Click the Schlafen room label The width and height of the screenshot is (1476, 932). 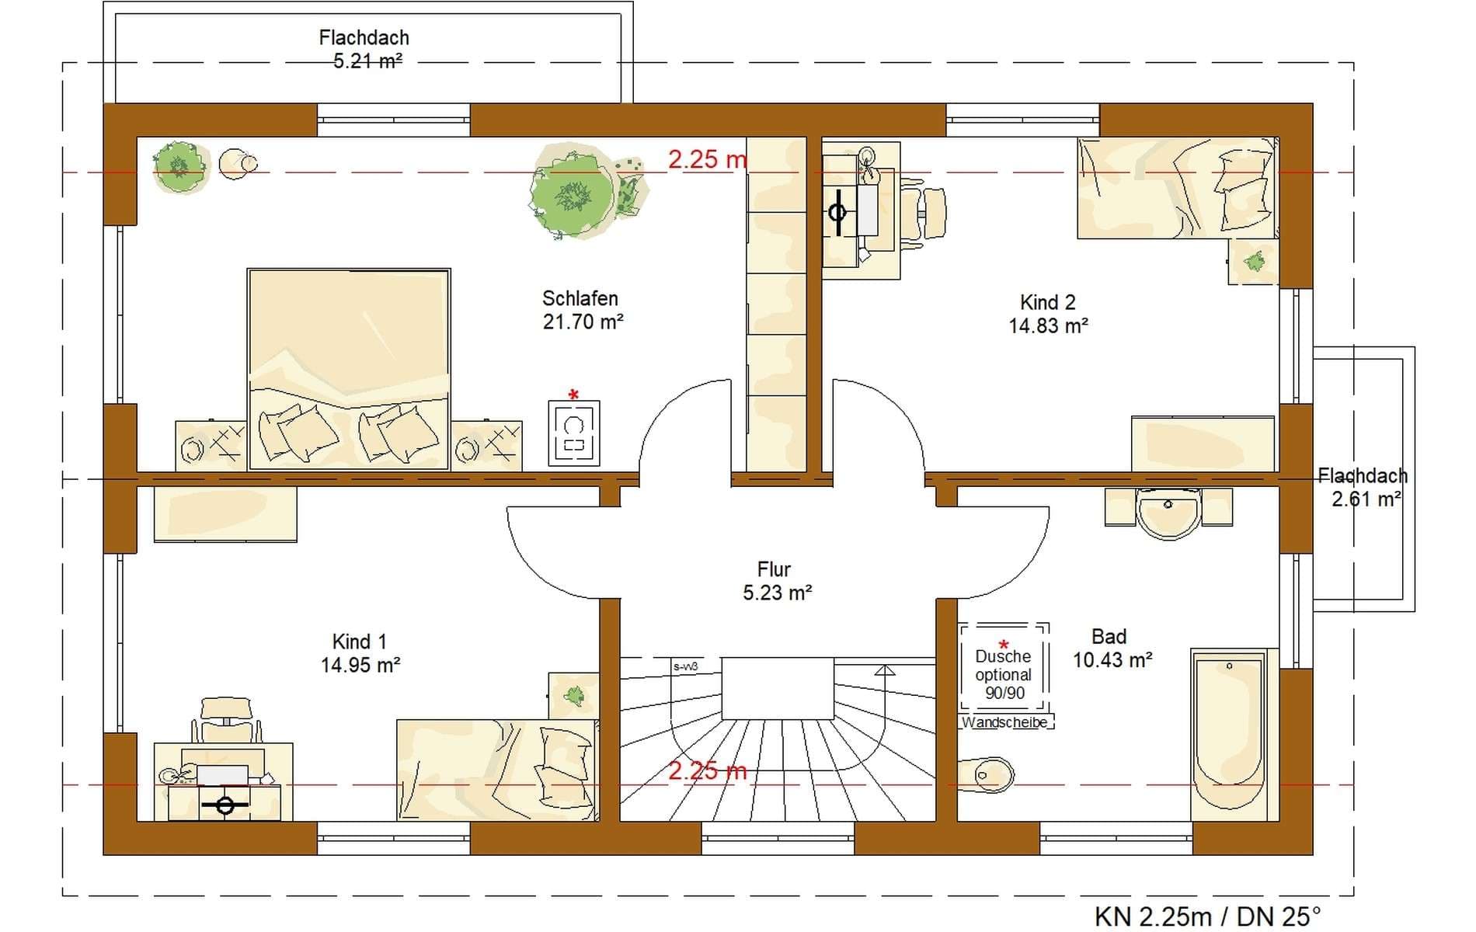(580, 298)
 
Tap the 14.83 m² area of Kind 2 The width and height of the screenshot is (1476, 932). (1048, 326)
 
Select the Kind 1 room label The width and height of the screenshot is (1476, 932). (359, 642)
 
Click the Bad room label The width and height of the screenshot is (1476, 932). (1109, 637)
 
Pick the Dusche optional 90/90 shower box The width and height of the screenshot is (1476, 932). (1004, 666)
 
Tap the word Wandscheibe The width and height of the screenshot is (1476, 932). (1004, 722)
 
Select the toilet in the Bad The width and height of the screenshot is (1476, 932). (986, 774)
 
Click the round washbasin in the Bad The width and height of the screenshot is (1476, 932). (1168, 512)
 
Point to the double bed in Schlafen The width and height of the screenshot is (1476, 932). (348, 369)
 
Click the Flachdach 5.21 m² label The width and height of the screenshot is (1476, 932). (364, 49)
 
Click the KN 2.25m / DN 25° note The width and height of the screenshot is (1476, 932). (1207, 916)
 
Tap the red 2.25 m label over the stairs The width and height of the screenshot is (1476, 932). (707, 770)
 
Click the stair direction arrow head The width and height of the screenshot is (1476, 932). (884, 669)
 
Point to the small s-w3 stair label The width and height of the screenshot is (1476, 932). (685, 666)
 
